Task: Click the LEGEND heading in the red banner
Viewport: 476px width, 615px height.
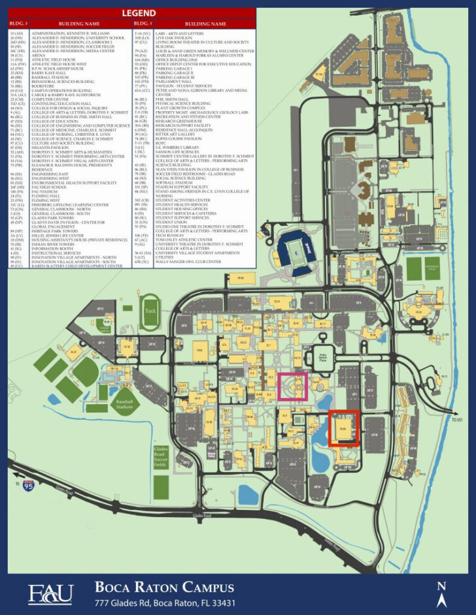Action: click(138, 13)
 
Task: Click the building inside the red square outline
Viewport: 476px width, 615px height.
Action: click(343, 428)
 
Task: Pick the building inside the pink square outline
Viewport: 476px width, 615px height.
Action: click(293, 385)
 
